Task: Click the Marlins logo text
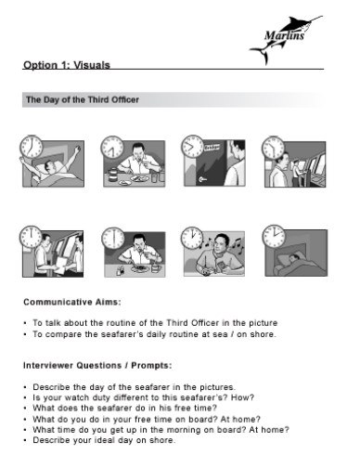coord(284,35)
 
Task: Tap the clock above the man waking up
coord(31,147)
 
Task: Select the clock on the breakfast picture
coord(112,147)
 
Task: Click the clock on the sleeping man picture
coord(274,236)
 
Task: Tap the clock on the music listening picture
coord(192,238)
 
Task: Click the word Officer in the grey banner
coord(123,100)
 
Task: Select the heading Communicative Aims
coord(72,302)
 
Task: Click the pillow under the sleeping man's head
coord(287,259)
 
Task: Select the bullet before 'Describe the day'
coord(25,387)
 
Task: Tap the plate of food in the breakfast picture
coord(139,178)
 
